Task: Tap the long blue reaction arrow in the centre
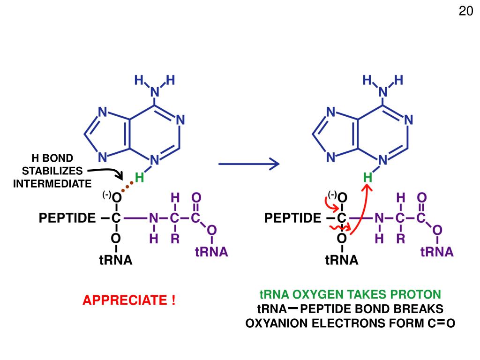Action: coord(248,164)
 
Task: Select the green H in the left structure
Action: coord(139,178)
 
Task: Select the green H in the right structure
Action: coord(367,178)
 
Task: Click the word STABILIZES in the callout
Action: coord(52,170)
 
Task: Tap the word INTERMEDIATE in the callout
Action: coord(52,183)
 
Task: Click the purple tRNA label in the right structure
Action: coord(437,252)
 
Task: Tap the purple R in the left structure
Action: coord(175,239)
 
